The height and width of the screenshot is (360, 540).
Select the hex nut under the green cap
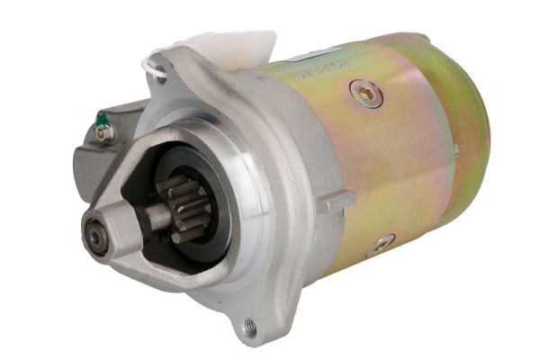(105, 133)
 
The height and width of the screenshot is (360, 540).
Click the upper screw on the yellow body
(365, 90)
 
